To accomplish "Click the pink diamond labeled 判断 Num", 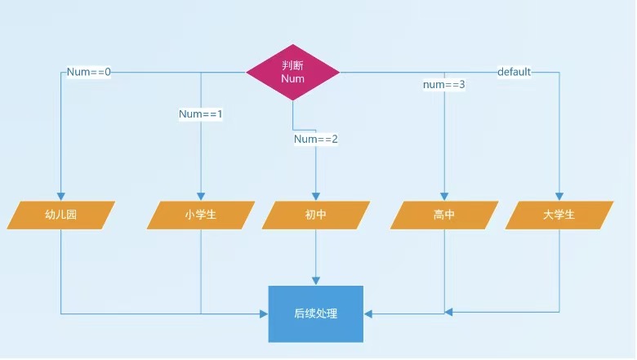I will (292, 72).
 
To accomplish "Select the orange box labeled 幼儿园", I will (61, 216).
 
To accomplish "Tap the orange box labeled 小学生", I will (200, 216).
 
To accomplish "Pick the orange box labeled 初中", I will (315, 216).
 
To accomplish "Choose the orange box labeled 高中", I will (443, 216).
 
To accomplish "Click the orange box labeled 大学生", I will (559, 216).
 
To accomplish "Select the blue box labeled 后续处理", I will (315, 313).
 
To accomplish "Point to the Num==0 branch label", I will (89, 72).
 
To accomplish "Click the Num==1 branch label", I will (201, 114).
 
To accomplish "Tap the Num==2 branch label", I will (316, 140).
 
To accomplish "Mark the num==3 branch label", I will (443, 85).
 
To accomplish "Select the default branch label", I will (514, 72).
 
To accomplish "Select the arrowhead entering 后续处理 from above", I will (315, 281).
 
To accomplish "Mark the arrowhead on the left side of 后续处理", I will (265, 313).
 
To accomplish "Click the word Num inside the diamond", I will (292, 79).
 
